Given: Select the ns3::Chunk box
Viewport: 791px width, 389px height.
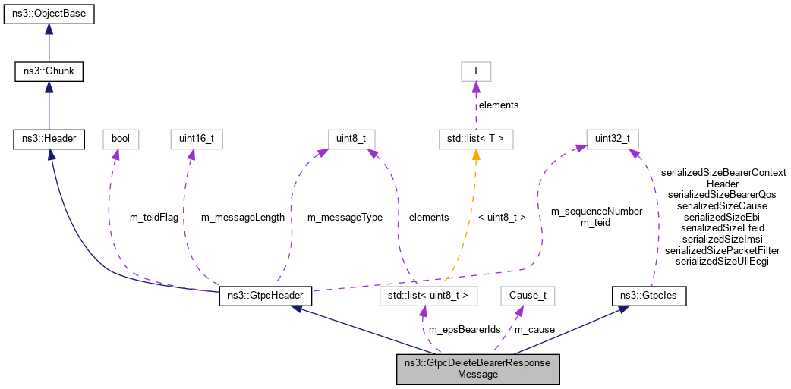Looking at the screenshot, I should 49,72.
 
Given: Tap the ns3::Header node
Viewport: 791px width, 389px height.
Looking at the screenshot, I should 49,139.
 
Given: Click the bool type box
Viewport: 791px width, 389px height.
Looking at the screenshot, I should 121,139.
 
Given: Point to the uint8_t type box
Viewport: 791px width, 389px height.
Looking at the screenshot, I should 351,139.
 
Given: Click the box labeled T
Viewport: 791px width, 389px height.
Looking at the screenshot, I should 476,72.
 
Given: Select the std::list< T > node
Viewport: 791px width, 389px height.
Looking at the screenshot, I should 476,139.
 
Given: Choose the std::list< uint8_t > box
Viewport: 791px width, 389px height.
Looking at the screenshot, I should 429,296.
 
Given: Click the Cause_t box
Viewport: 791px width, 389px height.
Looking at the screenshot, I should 522,296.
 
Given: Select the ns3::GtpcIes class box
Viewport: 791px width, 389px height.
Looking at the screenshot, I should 649,296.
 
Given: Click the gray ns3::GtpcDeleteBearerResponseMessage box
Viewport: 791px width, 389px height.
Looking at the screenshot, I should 477,369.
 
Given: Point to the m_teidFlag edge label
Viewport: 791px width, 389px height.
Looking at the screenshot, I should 154,218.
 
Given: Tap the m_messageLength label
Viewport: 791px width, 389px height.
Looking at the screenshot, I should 242,218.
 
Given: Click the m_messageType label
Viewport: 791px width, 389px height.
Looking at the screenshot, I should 344,218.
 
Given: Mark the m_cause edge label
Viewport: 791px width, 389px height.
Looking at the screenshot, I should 534,330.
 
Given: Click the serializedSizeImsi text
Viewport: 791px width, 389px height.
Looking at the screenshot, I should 722,239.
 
